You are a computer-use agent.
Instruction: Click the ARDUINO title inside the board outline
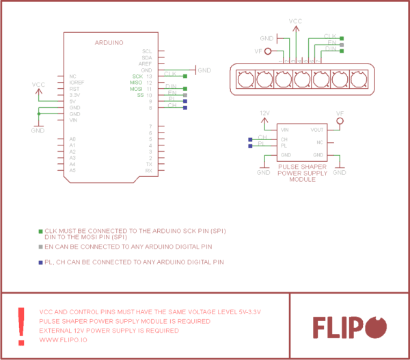click(x=109, y=42)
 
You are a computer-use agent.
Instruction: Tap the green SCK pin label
click(x=137, y=76)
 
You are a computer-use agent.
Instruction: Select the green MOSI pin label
click(x=136, y=89)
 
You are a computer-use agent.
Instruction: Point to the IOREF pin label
click(x=77, y=82)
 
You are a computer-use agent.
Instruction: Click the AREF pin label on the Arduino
click(x=146, y=64)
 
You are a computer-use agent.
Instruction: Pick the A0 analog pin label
click(x=72, y=139)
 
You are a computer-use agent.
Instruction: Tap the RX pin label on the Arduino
click(x=148, y=170)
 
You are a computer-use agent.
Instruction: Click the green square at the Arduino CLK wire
click(x=184, y=76)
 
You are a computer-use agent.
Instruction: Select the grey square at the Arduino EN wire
click(x=184, y=95)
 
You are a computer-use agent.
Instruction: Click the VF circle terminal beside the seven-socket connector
click(x=267, y=51)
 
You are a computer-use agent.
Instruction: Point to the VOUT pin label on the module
click(x=316, y=129)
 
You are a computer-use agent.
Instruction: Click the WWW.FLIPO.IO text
click(x=64, y=340)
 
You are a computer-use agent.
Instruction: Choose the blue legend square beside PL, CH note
click(x=40, y=262)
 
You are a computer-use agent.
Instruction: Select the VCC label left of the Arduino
click(x=39, y=85)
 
